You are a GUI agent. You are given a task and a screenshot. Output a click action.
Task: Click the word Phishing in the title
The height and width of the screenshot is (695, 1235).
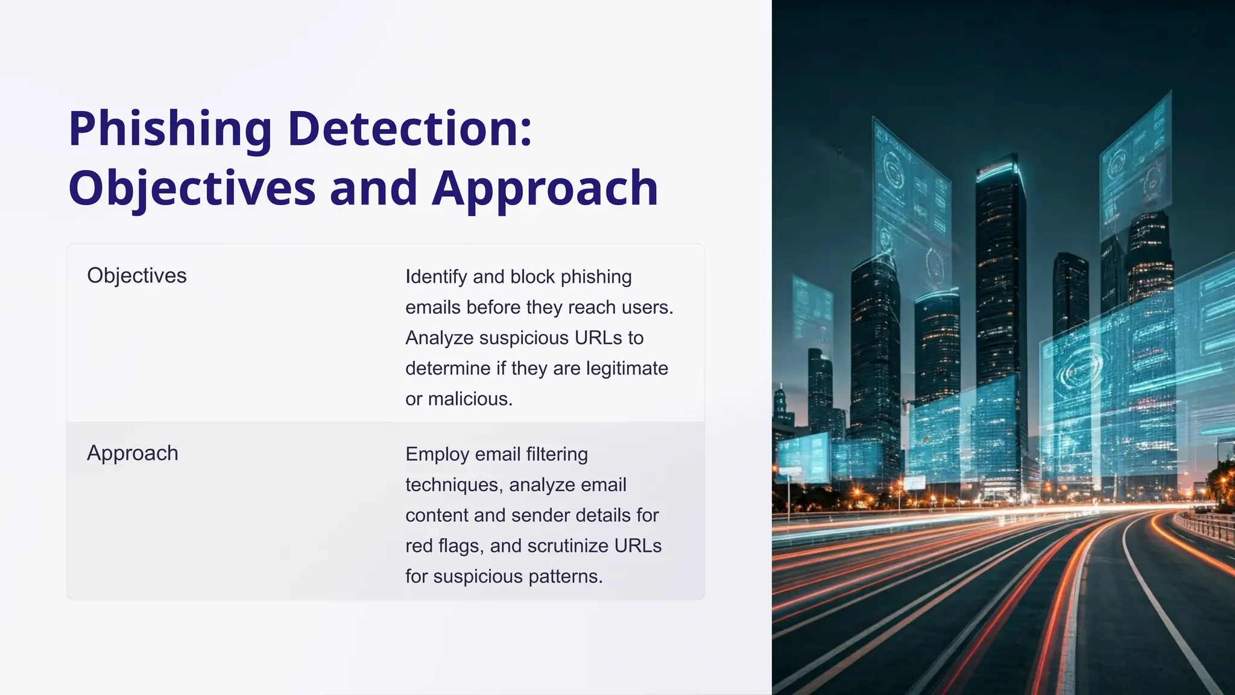[170, 129]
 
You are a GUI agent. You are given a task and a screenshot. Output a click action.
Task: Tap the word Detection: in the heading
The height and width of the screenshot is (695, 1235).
[410, 129]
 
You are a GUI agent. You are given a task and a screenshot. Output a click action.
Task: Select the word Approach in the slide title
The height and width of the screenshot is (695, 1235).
[545, 188]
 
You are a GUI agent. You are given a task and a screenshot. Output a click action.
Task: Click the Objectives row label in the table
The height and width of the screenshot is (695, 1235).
[137, 276]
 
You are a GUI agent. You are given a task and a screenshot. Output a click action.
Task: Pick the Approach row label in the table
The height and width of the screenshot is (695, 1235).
[133, 453]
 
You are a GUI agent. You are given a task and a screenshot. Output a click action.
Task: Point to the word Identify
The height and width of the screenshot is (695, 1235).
[436, 277]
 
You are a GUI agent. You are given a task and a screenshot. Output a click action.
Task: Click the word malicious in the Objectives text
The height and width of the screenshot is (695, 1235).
[470, 399]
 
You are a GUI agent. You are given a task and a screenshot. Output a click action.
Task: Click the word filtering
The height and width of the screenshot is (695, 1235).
[557, 454]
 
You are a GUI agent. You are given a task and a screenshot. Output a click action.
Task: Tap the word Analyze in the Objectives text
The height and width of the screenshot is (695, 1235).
[440, 338]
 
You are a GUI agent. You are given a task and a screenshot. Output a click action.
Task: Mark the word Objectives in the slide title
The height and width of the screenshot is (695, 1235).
[192, 188]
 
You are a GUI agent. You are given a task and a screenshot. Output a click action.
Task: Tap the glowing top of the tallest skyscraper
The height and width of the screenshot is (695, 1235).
[999, 168]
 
